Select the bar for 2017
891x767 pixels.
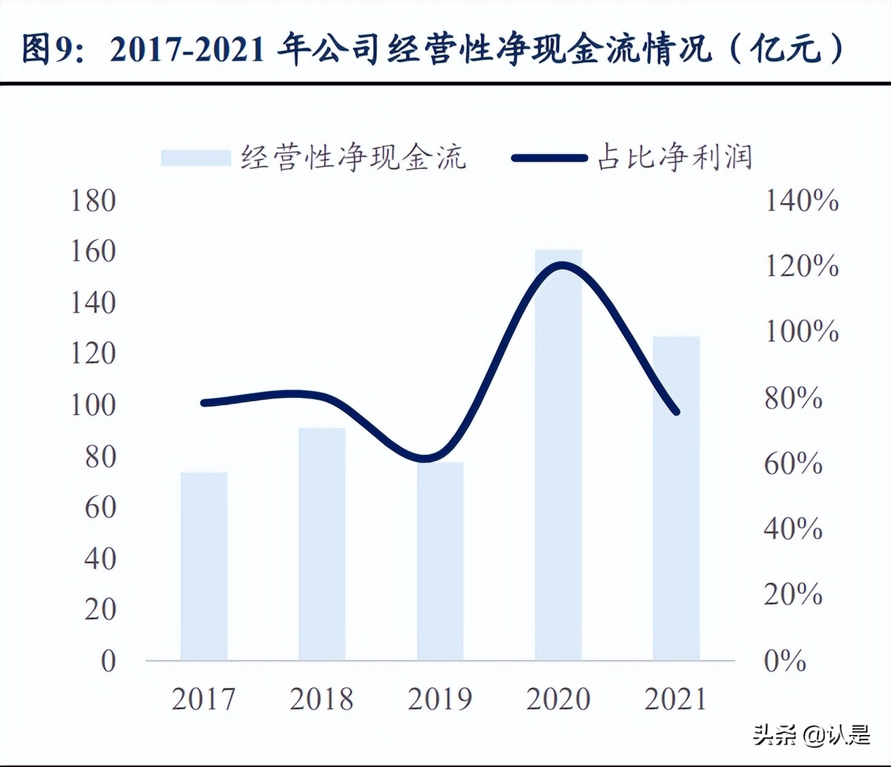204,565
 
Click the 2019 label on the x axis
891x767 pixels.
439,699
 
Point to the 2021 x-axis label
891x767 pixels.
676,699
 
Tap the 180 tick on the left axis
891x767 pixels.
93,200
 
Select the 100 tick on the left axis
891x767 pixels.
93,405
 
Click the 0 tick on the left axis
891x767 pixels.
108,661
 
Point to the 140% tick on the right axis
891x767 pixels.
802,200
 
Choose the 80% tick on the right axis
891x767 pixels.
793,398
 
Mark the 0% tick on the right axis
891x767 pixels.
785,661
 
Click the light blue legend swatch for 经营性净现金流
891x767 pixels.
196,158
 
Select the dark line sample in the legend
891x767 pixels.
549,158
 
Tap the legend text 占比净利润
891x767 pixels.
674,157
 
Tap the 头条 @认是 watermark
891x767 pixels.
811,735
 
